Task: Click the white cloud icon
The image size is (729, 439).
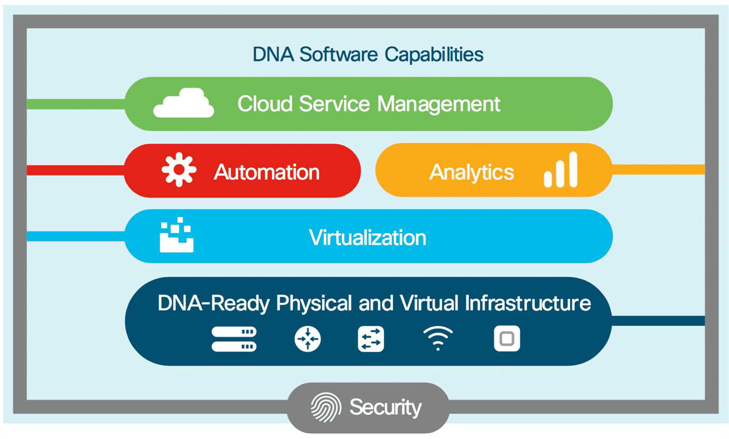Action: (184, 103)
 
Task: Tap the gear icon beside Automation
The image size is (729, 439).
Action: (179, 169)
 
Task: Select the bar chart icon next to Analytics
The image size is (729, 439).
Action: (561, 170)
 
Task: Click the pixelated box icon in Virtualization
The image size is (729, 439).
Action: (176, 235)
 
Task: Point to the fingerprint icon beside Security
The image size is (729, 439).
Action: (326, 407)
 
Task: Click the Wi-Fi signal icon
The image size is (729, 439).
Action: (438, 338)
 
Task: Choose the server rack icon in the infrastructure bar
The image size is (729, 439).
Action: (234, 339)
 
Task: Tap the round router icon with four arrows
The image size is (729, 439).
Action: (308, 339)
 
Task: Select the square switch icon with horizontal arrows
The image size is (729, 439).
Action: (371, 339)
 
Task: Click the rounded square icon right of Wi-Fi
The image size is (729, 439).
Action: (507, 339)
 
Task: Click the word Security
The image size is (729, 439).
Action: (385, 407)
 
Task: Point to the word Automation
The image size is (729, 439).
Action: (267, 172)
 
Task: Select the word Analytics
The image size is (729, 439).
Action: (472, 173)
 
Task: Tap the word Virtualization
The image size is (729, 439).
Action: (368, 238)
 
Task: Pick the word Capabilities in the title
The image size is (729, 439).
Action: (434, 55)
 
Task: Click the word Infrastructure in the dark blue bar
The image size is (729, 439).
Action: (528, 303)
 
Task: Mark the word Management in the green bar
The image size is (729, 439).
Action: (439, 104)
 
